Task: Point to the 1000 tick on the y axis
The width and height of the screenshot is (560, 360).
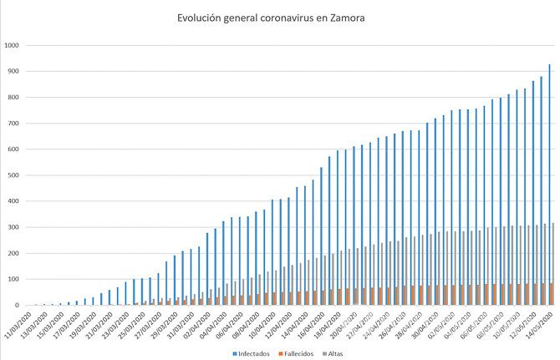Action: [x=13, y=45]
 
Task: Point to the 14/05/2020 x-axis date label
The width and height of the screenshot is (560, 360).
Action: [x=540, y=323]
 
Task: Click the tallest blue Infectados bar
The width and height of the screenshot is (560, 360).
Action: [x=549, y=185]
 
